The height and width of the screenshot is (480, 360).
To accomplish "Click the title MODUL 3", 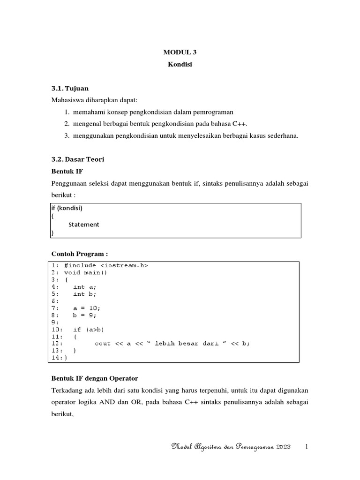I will tap(180, 52).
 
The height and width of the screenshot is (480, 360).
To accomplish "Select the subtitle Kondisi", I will tap(180, 65).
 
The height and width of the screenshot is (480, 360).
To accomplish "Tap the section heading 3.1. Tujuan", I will tap(69, 88).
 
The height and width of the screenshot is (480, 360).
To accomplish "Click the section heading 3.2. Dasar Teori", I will tap(77, 160).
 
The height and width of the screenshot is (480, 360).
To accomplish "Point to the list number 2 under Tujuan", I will tap(67, 124).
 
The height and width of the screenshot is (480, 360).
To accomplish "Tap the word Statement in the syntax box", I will tap(83, 225).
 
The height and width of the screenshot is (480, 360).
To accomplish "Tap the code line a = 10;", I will tap(87, 308).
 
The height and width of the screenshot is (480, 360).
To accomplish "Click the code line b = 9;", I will tap(85, 315).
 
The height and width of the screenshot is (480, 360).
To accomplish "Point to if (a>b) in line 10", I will tap(89, 330).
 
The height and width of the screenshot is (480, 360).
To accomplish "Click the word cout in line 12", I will tap(103, 344).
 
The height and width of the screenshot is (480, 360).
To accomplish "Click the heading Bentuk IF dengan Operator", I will tap(94, 378).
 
